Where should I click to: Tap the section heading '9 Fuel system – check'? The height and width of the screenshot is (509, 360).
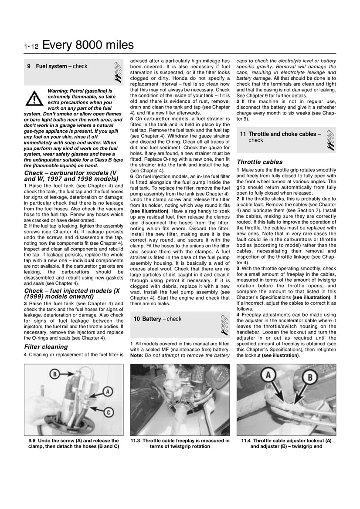[57, 67]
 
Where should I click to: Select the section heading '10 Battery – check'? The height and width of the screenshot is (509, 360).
[157, 319]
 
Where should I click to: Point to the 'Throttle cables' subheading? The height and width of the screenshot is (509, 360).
[259, 162]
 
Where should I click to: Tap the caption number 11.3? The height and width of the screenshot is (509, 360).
[137, 441]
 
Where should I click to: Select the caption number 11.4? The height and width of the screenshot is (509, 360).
[247, 441]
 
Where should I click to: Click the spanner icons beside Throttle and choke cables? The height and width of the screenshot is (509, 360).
[331, 140]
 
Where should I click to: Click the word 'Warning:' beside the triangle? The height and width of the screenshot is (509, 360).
[60, 91]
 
